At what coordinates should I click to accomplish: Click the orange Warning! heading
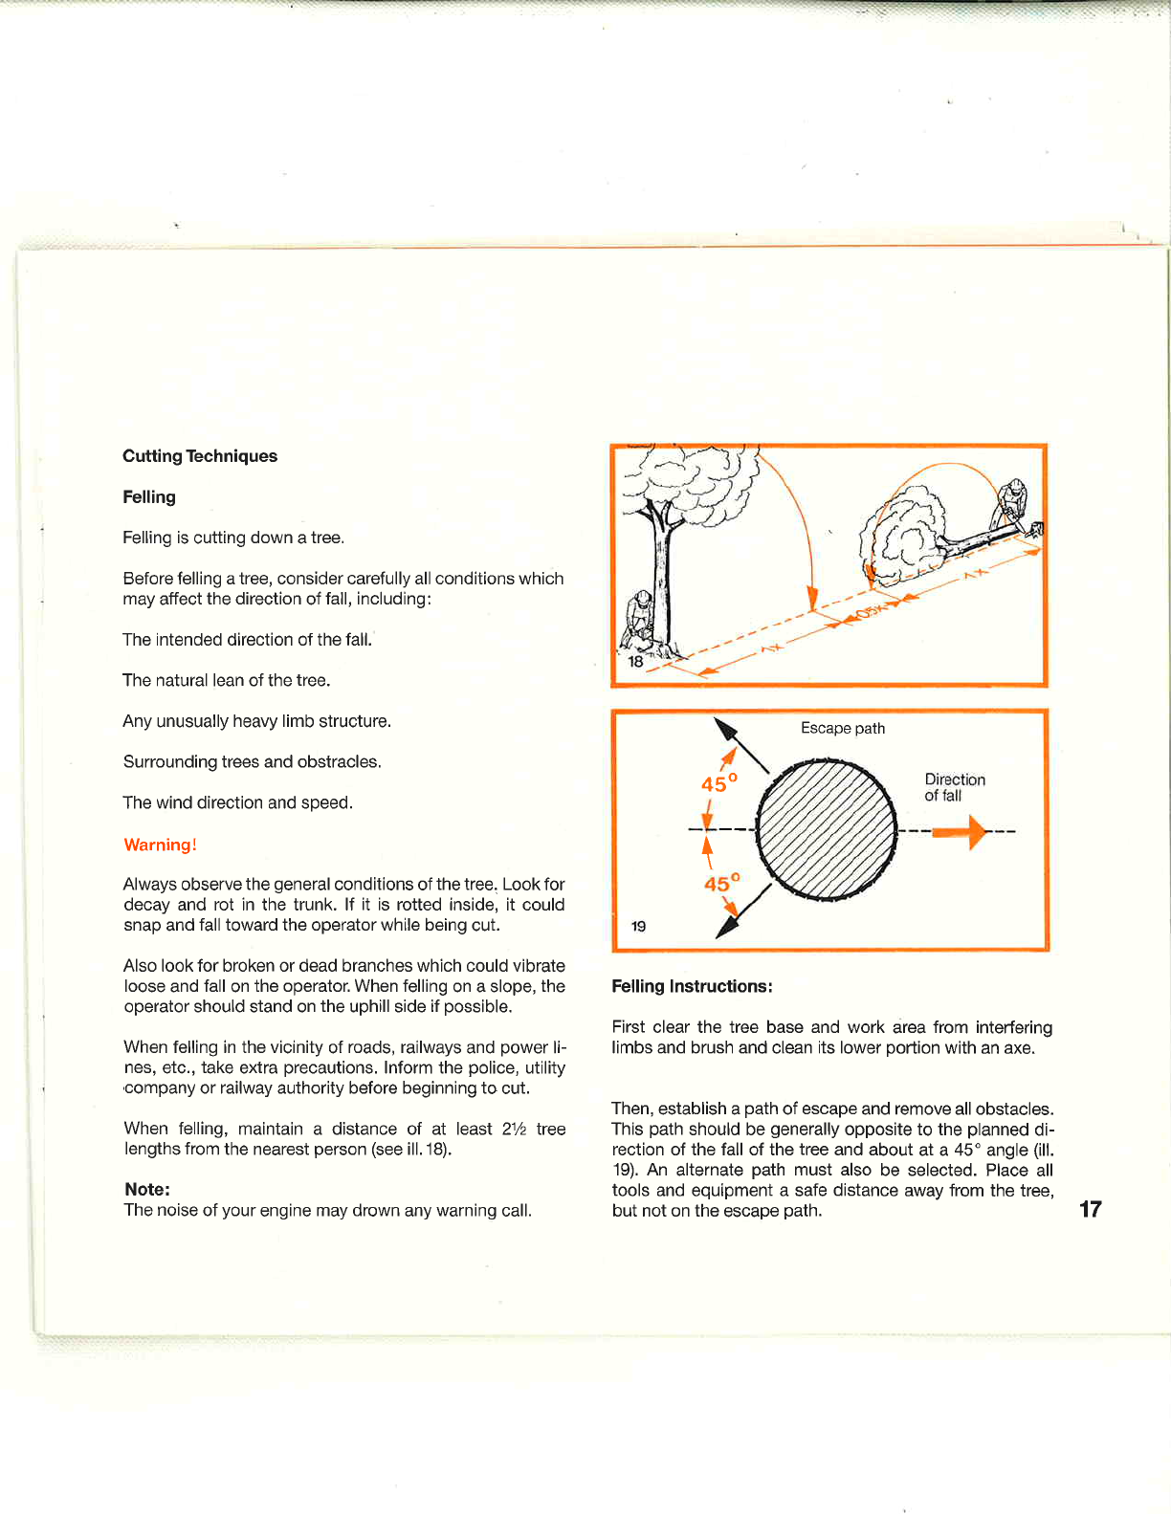160,845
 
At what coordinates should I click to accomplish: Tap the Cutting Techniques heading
200,456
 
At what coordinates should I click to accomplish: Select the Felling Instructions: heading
692,986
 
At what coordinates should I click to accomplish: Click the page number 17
1090,1209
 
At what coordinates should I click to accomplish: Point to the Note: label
147,1189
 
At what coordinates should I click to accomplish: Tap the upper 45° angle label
718,783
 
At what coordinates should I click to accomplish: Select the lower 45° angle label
721,883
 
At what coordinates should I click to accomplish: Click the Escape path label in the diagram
843,728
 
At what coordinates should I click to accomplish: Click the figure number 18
635,661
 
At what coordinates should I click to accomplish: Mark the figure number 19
638,926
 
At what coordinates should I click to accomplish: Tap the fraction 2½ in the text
514,1129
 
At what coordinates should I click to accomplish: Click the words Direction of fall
954,787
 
